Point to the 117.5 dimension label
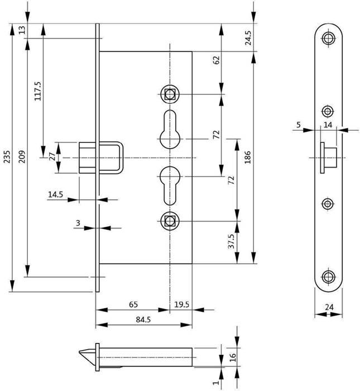pos(38,91)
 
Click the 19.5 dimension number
pos(181,304)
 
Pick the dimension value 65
pos(133,304)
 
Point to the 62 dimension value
pos(217,60)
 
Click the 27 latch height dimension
pos(52,157)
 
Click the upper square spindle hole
pos(169,94)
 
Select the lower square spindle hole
pos(169,220)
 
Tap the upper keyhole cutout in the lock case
pos(169,127)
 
